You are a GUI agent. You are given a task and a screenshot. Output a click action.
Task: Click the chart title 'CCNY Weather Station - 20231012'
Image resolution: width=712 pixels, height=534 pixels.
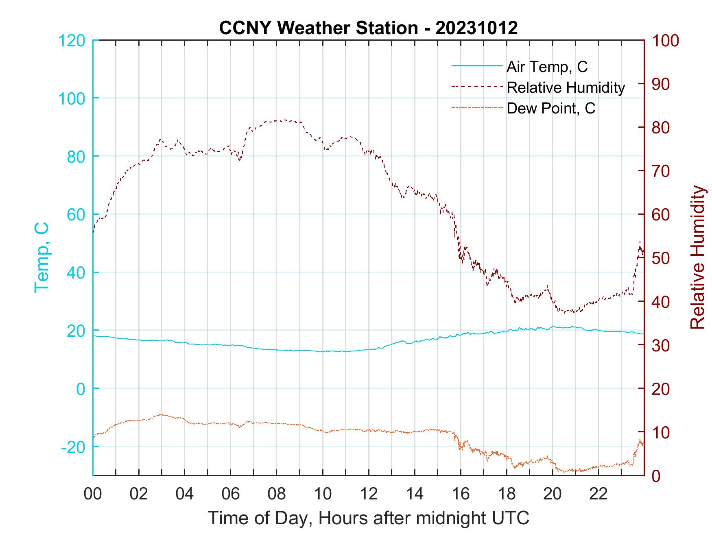click(368, 28)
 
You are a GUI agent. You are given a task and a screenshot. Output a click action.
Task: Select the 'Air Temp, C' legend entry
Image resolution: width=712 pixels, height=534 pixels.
click(547, 67)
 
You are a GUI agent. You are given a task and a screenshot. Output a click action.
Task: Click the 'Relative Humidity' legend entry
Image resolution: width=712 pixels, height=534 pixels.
click(566, 87)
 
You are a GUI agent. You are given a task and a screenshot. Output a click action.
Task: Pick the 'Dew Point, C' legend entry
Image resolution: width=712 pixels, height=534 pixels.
click(551, 109)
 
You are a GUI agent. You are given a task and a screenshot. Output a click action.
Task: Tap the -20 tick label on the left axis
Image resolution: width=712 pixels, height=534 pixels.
click(73, 447)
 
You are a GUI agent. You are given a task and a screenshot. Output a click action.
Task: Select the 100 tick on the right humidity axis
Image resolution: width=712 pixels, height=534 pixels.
click(665, 41)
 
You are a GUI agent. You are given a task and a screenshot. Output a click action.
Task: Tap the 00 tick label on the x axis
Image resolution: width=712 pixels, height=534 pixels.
click(93, 495)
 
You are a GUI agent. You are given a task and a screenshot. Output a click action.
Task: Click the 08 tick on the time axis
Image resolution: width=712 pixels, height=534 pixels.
click(277, 495)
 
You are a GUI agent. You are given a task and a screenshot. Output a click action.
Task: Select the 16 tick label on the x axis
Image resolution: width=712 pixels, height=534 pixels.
click(461, 495)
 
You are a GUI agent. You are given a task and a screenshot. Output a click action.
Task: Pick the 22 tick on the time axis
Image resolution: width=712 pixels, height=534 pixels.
click(598, 495)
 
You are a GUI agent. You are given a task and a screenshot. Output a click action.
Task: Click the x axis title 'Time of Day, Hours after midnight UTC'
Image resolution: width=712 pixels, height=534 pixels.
click(368, 518)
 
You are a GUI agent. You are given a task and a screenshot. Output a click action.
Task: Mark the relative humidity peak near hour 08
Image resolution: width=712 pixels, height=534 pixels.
click(285, 120)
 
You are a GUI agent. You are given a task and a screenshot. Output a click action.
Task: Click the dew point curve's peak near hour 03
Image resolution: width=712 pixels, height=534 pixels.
click(161, 414)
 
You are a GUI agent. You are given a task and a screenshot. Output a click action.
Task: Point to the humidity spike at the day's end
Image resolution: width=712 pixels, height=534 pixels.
click(640, 242)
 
